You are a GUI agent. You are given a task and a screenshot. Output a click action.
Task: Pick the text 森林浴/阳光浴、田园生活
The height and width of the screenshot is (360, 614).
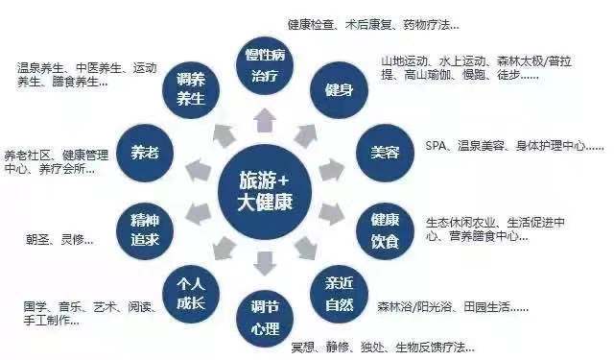(x=452, y=308)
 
